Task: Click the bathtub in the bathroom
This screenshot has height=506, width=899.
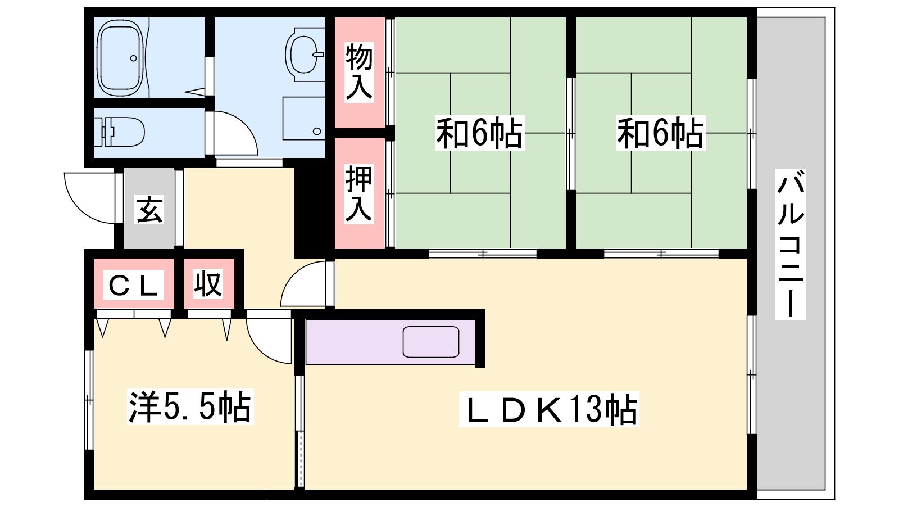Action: click(120, 58)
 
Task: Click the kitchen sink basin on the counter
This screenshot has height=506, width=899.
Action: click(430, 342)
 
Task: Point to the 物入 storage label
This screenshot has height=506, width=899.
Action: click(359, 73)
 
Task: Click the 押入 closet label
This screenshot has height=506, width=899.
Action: click(359, 193)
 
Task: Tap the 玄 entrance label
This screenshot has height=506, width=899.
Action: click(149, 209)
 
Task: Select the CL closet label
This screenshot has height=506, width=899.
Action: click(133, 285)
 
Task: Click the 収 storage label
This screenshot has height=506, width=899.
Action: click(207, 284)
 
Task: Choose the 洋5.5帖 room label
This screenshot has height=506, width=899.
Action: click(190, 406)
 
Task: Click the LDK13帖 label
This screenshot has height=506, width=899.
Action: click(549, 409)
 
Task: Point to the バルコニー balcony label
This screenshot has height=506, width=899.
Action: click(790, 244)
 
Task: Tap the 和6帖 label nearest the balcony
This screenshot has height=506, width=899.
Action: click(661, 133)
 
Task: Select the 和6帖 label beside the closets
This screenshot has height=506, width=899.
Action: click(480, 133)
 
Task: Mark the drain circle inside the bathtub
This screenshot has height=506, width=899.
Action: click(134, 58)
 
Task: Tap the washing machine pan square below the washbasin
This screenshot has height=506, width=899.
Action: click(304, 119)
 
